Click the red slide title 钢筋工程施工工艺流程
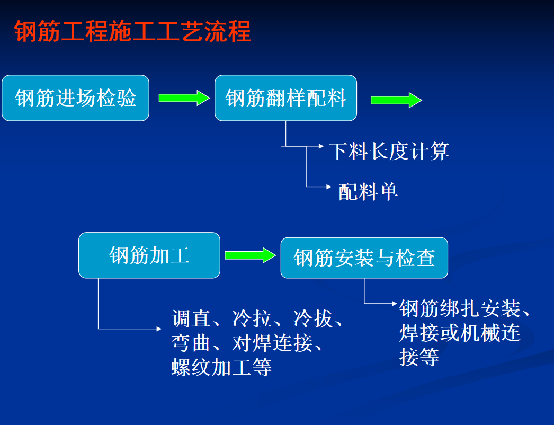pos(132,31)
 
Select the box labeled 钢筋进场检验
pos(76,98)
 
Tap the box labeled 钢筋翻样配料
pos(286,98)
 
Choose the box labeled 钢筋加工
pos(149,255)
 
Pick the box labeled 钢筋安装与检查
pos(364,258)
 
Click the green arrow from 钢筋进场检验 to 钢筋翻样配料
pos(184,98)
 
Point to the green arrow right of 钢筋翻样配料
pos(396,100)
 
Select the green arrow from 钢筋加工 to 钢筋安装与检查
pos(250,255)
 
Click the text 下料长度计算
pos(389,152)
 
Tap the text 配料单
pos(368,192)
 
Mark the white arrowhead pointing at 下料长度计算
pos(321,146)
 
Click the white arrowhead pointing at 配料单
pos(329,187)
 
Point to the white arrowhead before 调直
pos(159,329)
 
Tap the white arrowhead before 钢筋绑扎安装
pos(395,303)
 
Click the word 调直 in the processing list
pos(191,318)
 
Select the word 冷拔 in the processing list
pos(312,318)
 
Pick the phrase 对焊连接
pos(272,343)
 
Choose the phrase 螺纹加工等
pos(221,367)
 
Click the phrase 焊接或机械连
pos(460,333)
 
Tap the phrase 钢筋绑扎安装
pos(460,308)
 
